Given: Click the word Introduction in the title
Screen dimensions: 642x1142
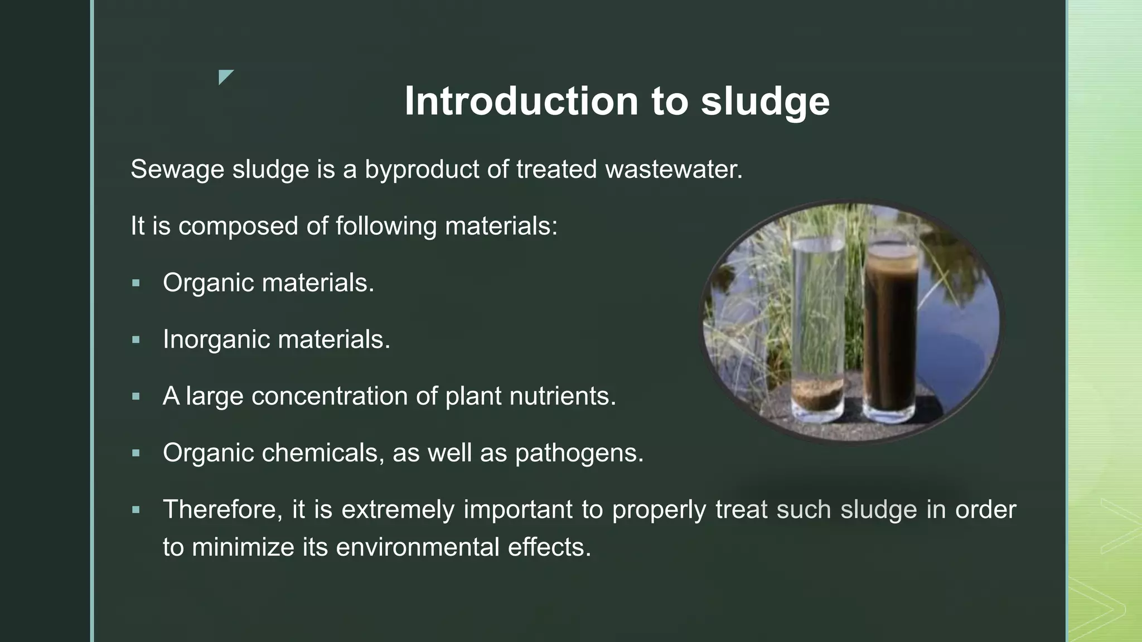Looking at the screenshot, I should pyautogui.click(x=521, y=101).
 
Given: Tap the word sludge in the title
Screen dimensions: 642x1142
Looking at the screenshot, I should pyautogui.click(x=765, y=103).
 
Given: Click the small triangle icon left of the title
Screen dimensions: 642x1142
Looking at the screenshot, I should pyautogui.click(x=225, y=77).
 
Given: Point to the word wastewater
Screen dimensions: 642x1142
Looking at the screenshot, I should pyautogui.click(x=674, y=169).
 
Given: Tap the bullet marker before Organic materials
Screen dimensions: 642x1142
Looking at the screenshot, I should pyautogui.click(x=136, y=283).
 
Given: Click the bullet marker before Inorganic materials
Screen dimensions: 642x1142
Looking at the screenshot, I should pyautogui.click(x=136, y=340).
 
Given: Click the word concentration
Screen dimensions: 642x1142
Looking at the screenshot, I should pyautogui.click(x=329, y=396).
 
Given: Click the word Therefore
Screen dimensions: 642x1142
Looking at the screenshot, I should pyautogui.click(x=222, y=509).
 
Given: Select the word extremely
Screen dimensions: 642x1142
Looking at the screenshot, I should pyautogui.click(x=398, y=509).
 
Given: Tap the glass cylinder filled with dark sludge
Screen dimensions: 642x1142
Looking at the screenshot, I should pyautogui.click(x=891, y=334).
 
